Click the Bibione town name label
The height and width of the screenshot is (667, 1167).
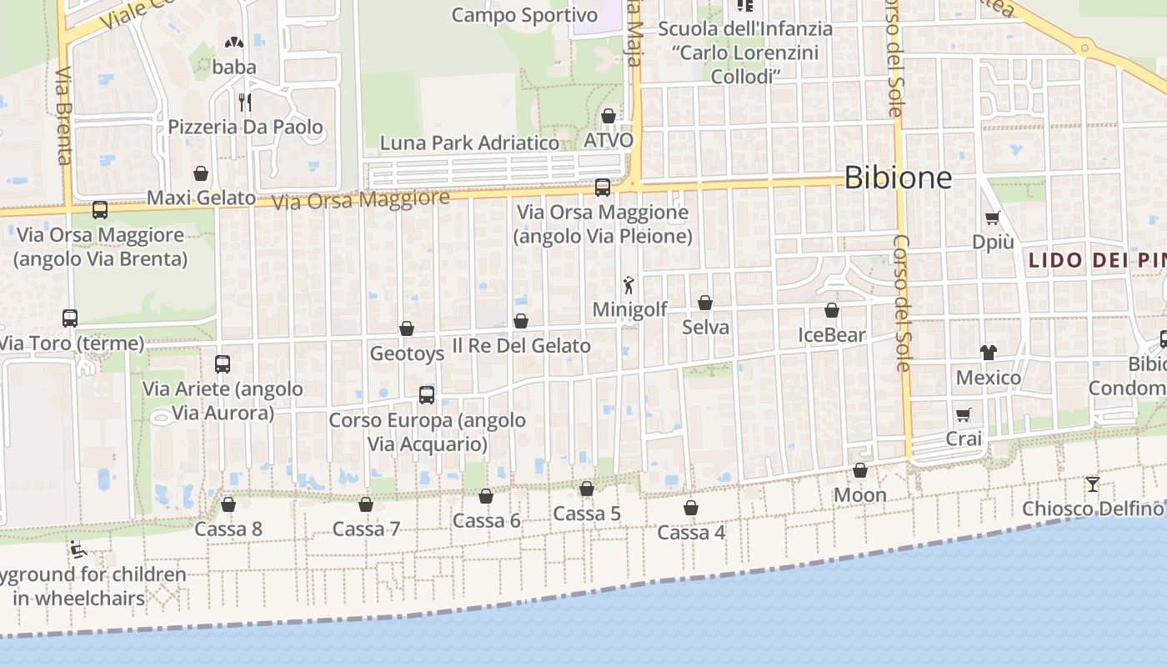tap(898, 177)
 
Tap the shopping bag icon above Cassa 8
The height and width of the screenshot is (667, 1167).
tap(228, 504)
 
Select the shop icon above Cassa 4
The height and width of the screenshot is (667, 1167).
tap(691, 508)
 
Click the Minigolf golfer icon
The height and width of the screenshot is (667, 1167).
tap(629, 285)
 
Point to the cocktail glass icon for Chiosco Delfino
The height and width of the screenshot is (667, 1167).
tap(1093, 484)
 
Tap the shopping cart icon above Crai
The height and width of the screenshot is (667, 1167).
tap(964, 414)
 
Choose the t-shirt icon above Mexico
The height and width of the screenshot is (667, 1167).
tap(989, 353)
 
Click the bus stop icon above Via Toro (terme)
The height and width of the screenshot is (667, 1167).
tap(70, 318)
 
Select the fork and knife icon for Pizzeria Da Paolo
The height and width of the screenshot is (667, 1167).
tap(245, 103)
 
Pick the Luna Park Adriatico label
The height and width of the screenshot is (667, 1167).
tap(469, 143)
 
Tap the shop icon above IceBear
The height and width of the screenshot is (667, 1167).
tap(831, 311)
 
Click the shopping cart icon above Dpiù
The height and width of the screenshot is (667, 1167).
tap(993, 218)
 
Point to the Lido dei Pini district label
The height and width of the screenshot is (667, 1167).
tap(1095, 260)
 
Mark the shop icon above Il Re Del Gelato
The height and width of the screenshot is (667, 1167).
tap(521, 321)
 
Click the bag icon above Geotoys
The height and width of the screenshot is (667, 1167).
tap(407, 329)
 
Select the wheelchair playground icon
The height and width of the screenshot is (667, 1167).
tap(79, 549)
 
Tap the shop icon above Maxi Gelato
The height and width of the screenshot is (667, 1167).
tap(201, 173)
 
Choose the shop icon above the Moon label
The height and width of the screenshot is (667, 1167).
tap(860, 471)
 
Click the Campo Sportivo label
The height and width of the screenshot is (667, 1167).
tap(525, 15)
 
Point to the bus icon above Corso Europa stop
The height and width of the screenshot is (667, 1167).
tap(427, 394)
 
